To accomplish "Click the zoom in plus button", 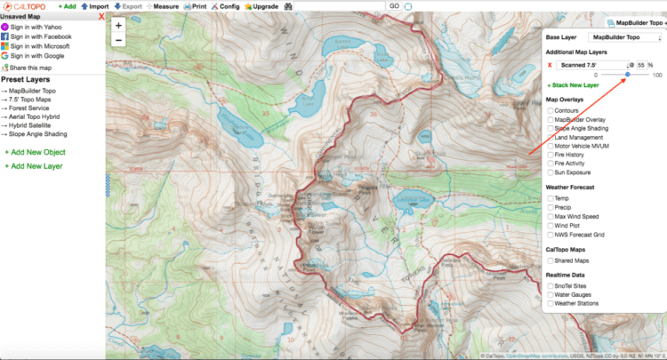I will (x=118, y=25).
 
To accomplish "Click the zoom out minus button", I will (x=118, y=40).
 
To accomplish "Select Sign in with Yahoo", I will (x=36, y=27).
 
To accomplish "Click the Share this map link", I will (x=31, y=68).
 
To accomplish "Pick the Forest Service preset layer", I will (x=32, y=110).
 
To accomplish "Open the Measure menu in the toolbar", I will (x=161, y=6).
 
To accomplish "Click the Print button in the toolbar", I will (x=195, y=6).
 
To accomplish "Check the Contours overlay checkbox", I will (x=550, y=110).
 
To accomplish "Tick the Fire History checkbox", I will (x=550, y=155).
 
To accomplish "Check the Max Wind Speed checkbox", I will (x=550, y=216).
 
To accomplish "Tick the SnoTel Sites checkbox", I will (x=550, y=285).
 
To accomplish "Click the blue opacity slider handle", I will (x=628, y=75).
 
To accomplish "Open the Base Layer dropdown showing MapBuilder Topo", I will (x=627, y=37).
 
